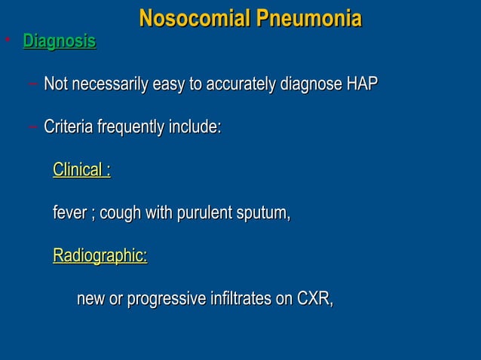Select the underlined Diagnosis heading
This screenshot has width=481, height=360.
pos(60,42)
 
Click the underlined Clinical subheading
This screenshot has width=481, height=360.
pos(81,170)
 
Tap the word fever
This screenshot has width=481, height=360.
pos(69,213)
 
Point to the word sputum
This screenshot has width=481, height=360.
pos(265,214)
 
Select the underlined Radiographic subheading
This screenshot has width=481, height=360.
pos(100,256)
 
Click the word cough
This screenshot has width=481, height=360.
pos(121,214)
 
